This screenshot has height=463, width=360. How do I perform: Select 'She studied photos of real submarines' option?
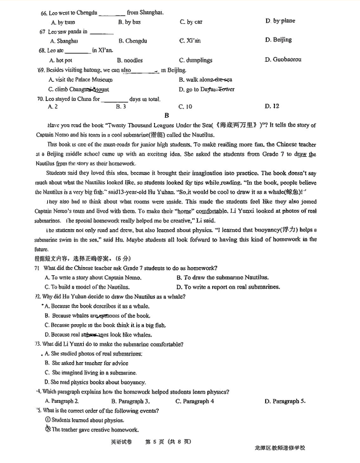tap(94, 353)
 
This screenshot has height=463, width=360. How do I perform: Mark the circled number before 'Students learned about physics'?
tap(48, 420)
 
